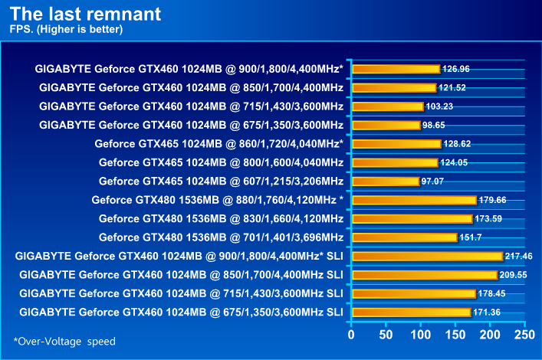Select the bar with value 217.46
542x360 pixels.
427,256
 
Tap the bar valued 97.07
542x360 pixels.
386,181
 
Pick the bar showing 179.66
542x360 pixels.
414,200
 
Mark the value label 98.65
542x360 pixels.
436,125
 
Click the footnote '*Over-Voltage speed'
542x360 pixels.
64,341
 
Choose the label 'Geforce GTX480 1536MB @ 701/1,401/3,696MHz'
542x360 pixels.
221,237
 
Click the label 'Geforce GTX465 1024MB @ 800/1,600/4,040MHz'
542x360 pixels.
221,162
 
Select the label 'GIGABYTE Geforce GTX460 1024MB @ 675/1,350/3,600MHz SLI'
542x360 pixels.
181,312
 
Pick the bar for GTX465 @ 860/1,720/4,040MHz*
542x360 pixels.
396,143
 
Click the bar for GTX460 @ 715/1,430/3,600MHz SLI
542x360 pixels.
413,293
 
